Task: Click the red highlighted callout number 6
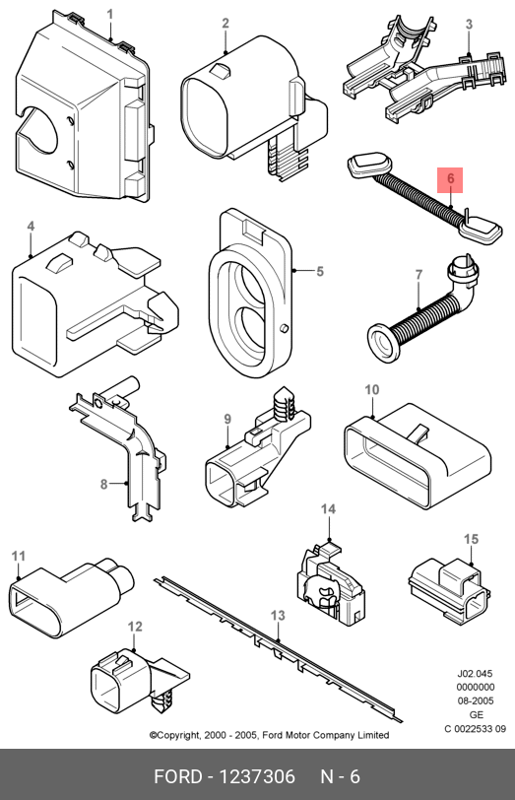(450, 180)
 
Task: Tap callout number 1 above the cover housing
(110, 14)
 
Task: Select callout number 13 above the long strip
(278, 616)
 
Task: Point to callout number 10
(372, 390)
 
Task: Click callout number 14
(328, 508)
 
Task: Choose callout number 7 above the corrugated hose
(419, 275)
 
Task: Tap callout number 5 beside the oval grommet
(320, 271)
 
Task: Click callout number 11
(19, 556)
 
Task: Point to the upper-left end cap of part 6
(368, 165)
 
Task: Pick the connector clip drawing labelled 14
(331, 584)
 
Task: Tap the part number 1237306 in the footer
(257, 776)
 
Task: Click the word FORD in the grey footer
(178, 776)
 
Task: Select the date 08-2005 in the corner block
(475, 701)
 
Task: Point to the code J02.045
(475, 674)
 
